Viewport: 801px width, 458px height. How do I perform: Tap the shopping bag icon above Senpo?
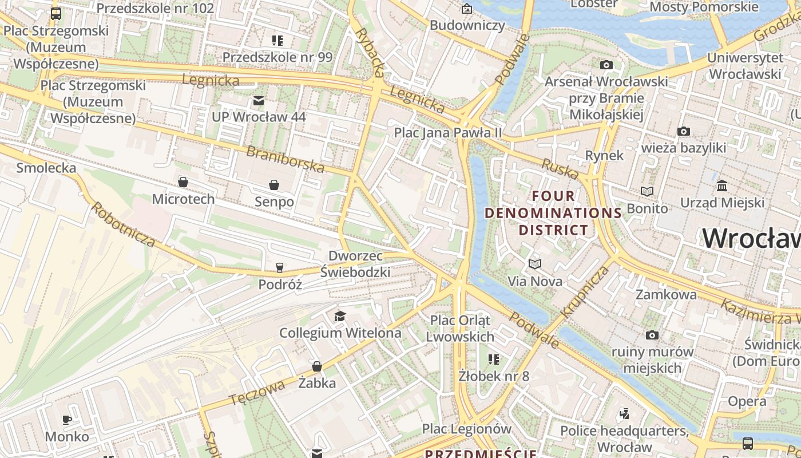coord(274,185)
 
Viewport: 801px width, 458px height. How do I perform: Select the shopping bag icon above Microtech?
coord(183,182)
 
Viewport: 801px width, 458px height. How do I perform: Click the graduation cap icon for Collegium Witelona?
coord(340,316)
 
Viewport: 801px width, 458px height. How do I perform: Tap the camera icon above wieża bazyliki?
coord(683,132)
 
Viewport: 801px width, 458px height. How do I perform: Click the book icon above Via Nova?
coord(535,264)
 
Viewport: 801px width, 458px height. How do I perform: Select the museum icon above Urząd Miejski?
coord(722,186)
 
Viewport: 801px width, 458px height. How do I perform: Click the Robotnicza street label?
coord(123,224)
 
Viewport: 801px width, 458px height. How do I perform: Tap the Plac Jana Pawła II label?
coord(447,133)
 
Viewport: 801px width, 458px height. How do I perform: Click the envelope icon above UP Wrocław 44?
coord(259,101)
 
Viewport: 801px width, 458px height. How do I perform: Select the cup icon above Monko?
coord(67,420)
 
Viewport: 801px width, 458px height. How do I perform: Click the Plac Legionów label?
coord(466,429)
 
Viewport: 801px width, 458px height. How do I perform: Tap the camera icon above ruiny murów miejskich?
coord(652,335)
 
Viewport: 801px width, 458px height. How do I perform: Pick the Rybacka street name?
coord(370,52)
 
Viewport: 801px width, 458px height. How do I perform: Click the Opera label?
coord(747,401)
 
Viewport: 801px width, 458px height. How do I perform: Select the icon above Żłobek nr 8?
coord(494,360)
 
